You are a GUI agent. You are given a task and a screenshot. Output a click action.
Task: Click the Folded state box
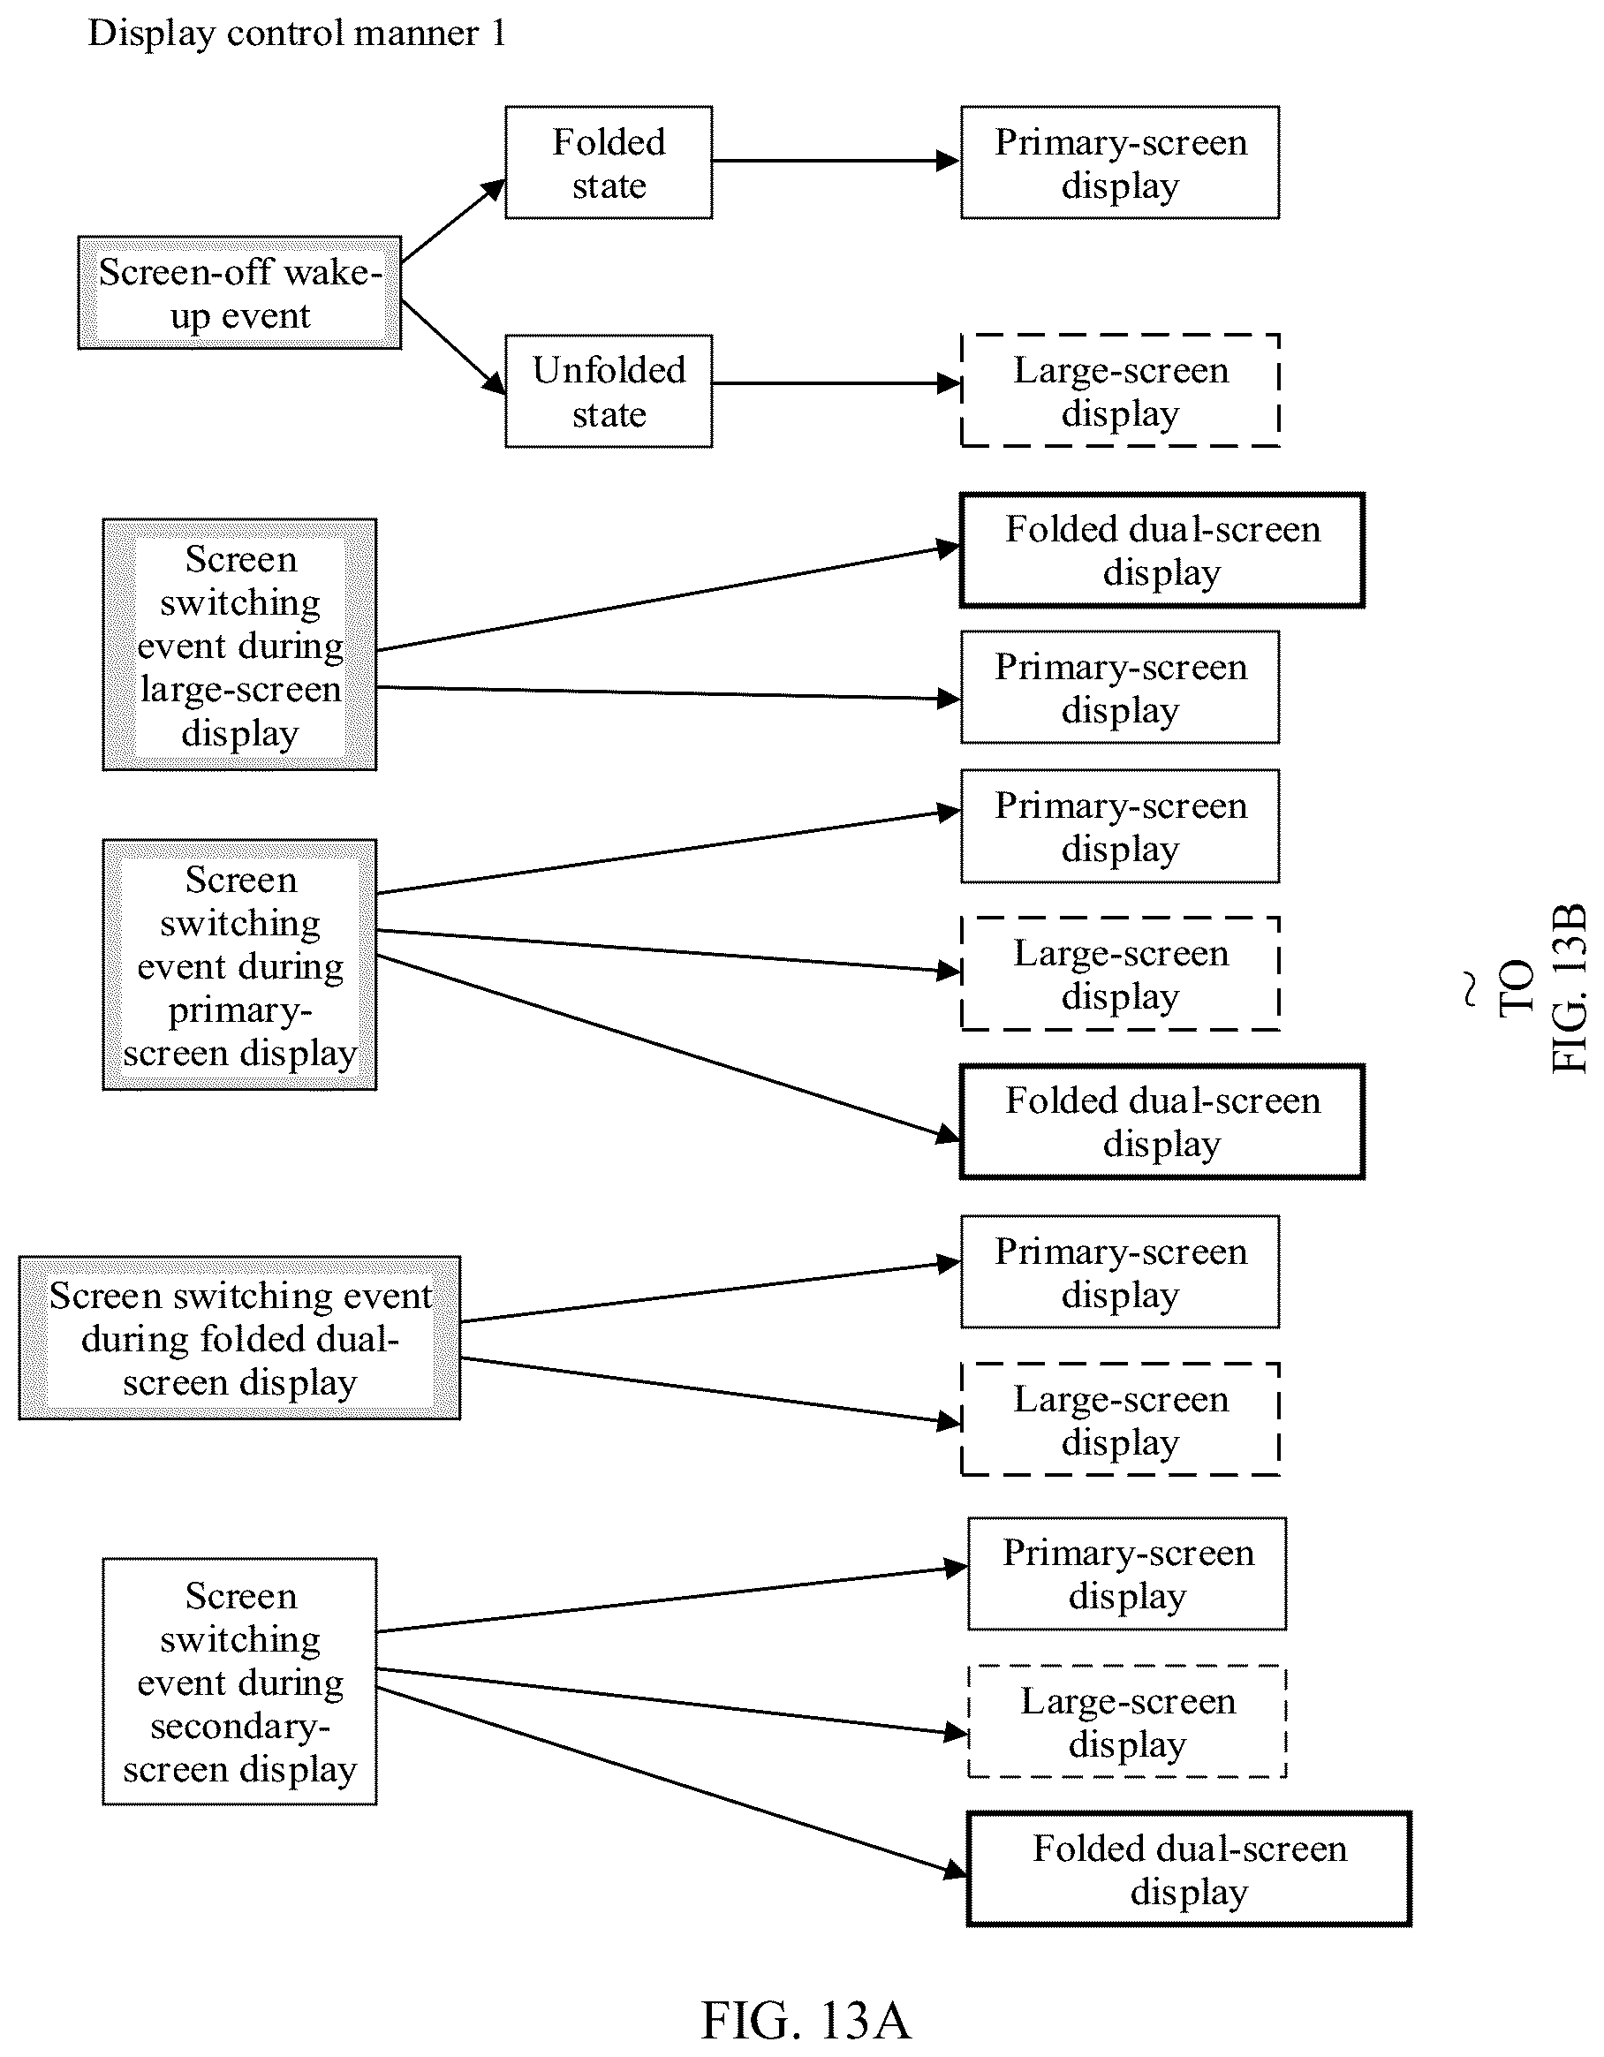tap(609, 163)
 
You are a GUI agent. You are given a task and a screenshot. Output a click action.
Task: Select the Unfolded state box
tap(609, 391)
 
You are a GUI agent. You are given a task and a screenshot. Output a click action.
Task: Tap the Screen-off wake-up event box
tap(240, 293)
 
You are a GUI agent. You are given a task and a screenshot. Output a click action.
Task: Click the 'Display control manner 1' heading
tap(297, 34)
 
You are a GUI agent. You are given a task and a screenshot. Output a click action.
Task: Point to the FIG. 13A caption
tap(806, 2020)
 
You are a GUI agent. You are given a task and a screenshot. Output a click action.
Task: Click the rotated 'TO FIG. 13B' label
tap(1545, 988)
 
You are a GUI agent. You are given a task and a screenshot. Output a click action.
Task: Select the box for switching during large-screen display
tap(240, 645)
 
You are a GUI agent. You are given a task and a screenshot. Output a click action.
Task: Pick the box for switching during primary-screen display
tap(240, 965)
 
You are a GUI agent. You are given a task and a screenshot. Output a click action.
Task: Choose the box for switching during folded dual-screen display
tap(240, 1338)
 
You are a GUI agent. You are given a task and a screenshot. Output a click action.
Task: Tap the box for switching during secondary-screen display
tap(240, 1682)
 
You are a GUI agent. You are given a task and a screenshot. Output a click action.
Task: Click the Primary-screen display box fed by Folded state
tap(1120, 163)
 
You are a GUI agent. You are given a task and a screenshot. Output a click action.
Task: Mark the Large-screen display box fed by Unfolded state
tap(1120, 391)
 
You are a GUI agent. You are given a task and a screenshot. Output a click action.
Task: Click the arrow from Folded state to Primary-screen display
tap(836, 161)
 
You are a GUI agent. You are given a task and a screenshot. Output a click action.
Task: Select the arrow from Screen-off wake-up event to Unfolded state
tap(453, 346)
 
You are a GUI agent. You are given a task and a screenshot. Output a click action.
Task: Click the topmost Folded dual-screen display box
tap(1162, 550)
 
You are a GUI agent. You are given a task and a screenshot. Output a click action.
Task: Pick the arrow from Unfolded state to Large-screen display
tap(836, 383)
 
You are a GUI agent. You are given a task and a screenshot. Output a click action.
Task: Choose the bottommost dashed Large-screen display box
tap(1127, 1721)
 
